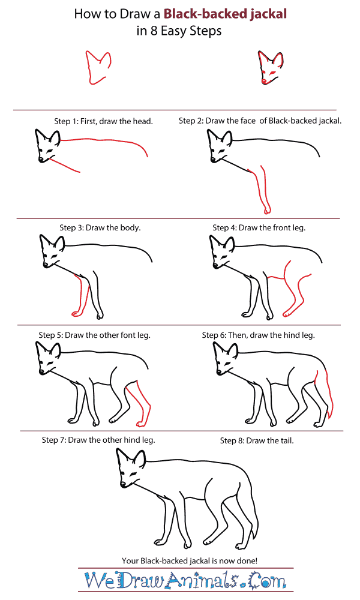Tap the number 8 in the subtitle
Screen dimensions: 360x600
[154, 31]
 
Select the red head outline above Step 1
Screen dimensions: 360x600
[98, 67]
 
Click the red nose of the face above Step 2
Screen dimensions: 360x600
[264, 81]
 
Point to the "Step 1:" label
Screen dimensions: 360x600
[66, 121]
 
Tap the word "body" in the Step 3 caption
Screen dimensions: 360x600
[130, 228]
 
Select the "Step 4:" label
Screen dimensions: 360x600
[224, 228]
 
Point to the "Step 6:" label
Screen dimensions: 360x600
[214, 335]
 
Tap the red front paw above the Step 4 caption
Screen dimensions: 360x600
[266, 210]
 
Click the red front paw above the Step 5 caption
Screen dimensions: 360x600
[77, 314]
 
